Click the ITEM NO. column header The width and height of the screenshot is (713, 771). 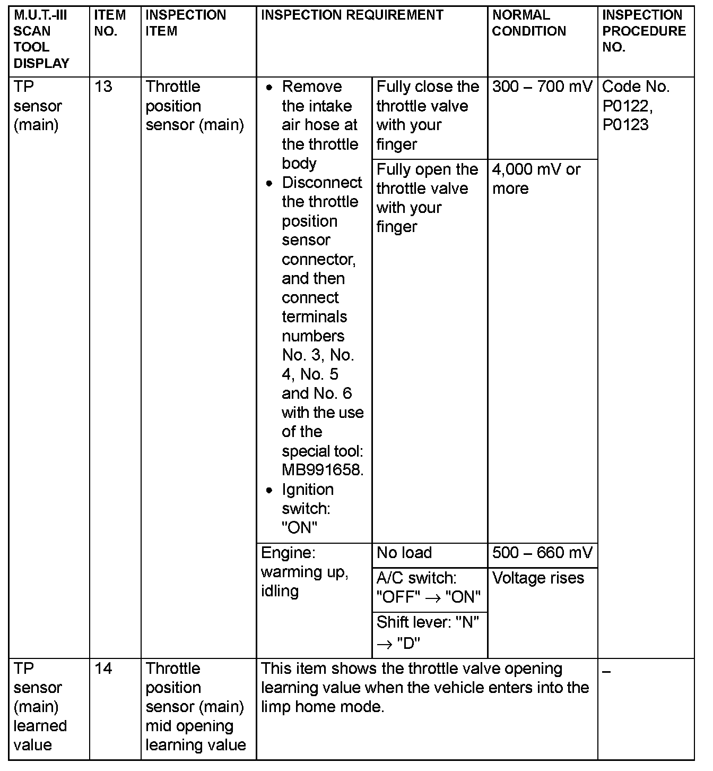(110, 23)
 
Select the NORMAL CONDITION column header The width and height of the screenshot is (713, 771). (529, 23)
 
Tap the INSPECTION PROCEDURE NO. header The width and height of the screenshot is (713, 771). (644, 31)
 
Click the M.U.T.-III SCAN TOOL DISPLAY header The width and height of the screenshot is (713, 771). (41, 39)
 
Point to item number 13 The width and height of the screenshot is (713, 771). (103, 87)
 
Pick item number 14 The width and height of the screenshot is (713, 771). (103, 668)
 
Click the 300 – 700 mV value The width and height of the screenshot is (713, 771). (542, 87)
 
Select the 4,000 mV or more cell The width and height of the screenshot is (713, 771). (536, 178)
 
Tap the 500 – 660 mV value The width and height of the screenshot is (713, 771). (542, 553)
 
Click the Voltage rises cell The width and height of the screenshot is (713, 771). (538, 578)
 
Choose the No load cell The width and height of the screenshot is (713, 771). (404, 553)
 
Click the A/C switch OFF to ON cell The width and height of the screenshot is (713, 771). (428, 587)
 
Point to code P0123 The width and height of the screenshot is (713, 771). (625, 125)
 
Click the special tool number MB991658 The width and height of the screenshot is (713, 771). (322, 470)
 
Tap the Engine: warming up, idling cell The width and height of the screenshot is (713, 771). (305, 572)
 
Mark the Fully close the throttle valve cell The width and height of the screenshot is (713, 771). (427, 115)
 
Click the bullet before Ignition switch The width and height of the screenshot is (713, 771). (270, 490)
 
